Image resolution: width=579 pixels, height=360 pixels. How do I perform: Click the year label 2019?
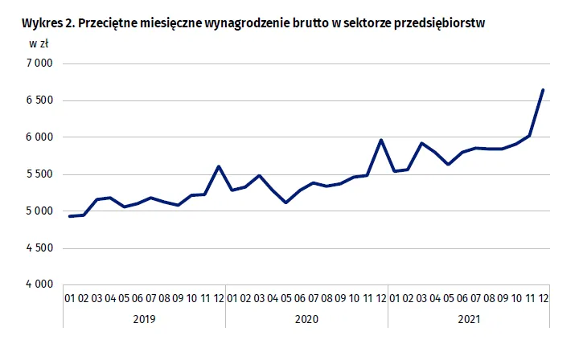tap(144, 319)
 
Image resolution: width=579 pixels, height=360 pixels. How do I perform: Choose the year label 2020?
tap(306, 319)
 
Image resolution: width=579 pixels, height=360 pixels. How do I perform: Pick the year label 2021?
tap(469, 319)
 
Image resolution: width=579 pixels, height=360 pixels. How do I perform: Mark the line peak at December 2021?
tap(543, 90)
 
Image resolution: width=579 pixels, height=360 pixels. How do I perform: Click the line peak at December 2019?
tap(219, 166)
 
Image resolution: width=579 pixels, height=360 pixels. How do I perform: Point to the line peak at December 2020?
tap(380, 140)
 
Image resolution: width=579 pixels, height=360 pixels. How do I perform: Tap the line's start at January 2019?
tap(69, 216)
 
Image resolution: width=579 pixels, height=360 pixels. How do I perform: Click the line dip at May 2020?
tap(286, 202)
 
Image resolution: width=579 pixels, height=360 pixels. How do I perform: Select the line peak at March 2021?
tap(421, 143)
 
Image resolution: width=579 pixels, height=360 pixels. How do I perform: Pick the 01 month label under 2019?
tap(69, 298)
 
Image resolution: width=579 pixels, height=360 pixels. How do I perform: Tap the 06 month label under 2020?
tap(300, 298)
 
